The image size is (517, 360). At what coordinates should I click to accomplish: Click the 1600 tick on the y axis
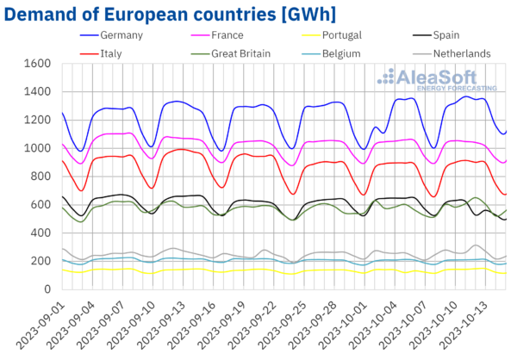37,64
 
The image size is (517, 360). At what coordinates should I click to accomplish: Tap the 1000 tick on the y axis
37,148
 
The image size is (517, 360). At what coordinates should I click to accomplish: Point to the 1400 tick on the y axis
37,92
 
